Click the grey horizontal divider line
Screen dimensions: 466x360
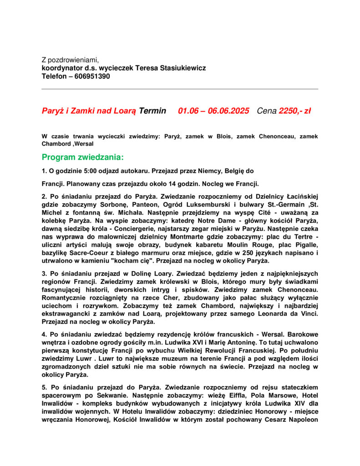(180, 89)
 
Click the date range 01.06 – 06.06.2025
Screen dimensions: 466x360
(213, 111)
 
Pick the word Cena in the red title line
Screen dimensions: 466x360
(266, 111)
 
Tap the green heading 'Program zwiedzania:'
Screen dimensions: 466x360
(82, 157)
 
